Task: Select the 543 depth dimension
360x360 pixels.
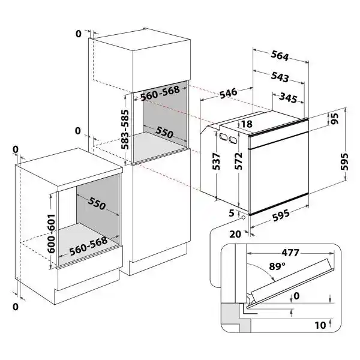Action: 280,78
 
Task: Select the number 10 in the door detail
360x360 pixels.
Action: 319,326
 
